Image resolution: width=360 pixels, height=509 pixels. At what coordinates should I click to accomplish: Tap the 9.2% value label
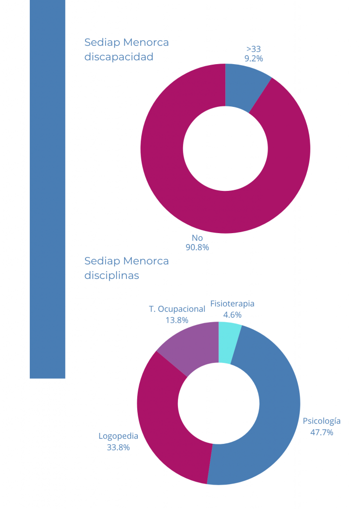pos(254,59)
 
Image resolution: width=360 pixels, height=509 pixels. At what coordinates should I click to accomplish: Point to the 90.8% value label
pos(197,247)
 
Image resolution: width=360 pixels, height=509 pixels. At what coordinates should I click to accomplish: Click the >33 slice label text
pos(254,49)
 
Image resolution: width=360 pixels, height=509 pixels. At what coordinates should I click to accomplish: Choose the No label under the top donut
pos(197,238)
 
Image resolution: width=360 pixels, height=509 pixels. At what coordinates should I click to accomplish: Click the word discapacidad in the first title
pos(119,57)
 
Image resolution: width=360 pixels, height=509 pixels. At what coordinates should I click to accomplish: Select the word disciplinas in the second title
pos(112,275)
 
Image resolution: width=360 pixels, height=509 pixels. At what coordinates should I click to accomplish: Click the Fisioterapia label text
pos(232,304)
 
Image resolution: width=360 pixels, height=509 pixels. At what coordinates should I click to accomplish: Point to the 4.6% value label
pos(232,315)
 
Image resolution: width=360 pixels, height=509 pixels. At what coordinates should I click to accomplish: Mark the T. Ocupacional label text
pos(177,309)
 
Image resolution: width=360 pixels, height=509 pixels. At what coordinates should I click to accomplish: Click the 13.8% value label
pos(177,320)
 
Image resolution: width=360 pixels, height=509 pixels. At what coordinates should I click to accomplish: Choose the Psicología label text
pos(322,421)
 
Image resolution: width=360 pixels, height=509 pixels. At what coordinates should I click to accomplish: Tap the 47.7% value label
pos(322,432)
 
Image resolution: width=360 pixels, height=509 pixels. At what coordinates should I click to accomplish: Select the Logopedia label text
pos(118,436)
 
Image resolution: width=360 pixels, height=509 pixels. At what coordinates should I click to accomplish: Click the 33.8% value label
pos(118,447)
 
